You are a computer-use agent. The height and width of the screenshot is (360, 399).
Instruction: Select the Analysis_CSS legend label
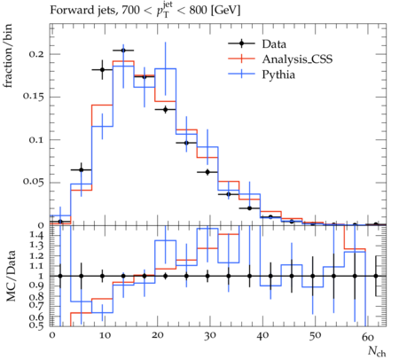pyautogui.click(x=297, y=59)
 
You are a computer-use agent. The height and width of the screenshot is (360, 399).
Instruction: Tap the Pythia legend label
pyautogui.click(x=278, y=74)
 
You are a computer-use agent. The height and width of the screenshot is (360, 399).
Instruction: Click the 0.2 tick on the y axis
pyautogui.click(x=36, y=54)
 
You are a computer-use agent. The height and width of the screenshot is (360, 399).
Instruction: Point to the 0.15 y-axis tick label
pyautogui.click(x=34, y=97)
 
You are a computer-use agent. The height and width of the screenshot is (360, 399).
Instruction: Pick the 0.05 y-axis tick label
pyautogui.click(x=34, y=183)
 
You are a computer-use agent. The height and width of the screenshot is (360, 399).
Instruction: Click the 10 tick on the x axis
pyautogui.click(x=105, y=335)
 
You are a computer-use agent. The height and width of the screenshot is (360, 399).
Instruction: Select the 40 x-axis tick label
pyautogui.click(x=262, y=335)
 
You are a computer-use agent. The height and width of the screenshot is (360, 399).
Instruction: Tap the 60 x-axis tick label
pyautogui.click(x=368, y=336)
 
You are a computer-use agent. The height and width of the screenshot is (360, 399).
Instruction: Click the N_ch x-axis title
pyautogui.click(x=377, y=351)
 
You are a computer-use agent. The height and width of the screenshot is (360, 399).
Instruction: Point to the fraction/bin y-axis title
pyautogui.click(x=8, y=56)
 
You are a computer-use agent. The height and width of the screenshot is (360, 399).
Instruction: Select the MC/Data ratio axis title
pyautogui.click(x=11, y=276)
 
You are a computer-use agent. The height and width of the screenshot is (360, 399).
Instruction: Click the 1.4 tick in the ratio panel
pyautogui.click(x=37, y=235)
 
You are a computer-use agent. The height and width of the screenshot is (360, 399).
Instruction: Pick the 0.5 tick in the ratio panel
pyautogui.click(x=37, y=325)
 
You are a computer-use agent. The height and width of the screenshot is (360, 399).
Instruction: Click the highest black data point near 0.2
pyautogui.click(x=123, y=51)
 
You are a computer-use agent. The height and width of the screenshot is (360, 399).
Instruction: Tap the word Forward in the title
pyautogui.click(x=69, y=11)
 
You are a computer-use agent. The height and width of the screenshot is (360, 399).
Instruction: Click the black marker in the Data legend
pyautogui.click(x=241, y=43)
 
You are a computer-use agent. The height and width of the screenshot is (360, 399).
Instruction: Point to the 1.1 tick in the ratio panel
pyautogui.click(x=37, y=266)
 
